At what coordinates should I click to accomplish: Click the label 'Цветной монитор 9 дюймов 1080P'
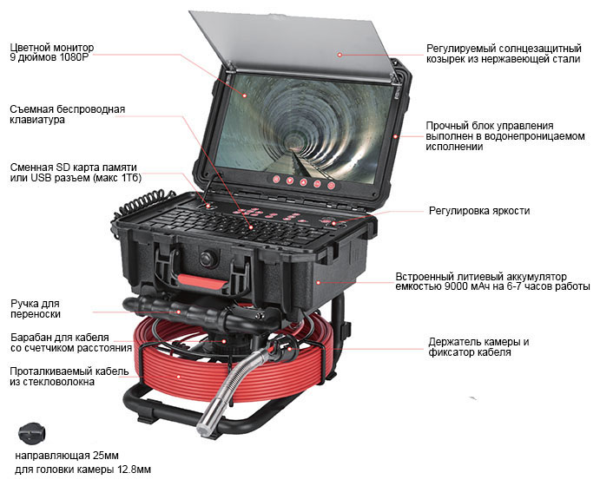click(51, 52)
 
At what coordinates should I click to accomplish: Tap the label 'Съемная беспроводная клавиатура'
click(68, 115)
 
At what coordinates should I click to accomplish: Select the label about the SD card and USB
click(76, 173)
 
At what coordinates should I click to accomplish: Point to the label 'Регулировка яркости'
click(479, 211)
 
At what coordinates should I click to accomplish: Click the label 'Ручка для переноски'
click(36, 309)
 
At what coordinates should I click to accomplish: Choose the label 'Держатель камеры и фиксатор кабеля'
click(478, 347)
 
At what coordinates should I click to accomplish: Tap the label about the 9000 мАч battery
click(492, 281)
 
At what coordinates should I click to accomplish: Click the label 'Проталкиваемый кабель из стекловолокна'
click(69, 377)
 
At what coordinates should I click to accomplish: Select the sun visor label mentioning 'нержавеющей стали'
click(504, 54)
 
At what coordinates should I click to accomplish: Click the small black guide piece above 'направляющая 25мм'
click(32, 434)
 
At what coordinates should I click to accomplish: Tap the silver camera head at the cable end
click(208, 416)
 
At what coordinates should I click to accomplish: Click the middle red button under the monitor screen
click(303, 182)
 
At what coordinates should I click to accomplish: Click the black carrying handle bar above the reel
click(199, 312)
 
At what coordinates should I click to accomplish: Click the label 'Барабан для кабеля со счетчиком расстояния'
click(71, 343)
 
